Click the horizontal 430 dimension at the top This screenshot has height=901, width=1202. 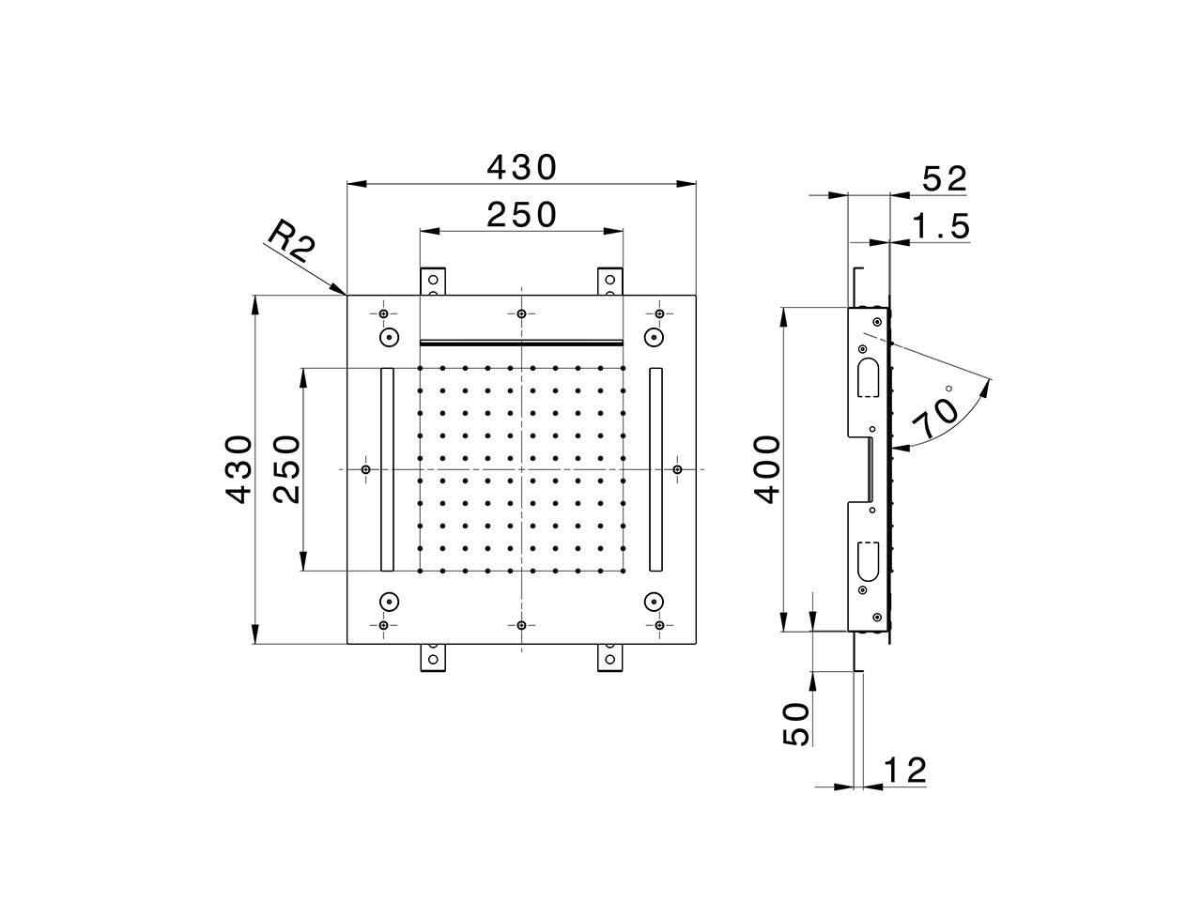[522, 168]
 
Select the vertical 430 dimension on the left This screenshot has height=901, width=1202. [239, 468]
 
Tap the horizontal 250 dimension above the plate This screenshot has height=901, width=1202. [522, 215]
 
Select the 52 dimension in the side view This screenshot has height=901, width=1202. [943, 179]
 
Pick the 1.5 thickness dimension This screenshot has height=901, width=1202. [941, 226]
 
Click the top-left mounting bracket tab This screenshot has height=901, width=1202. [432, 282]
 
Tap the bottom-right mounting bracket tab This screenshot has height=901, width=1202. [610, 657]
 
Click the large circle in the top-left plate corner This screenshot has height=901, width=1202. [388, 337]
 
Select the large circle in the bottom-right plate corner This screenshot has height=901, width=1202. [654, 602]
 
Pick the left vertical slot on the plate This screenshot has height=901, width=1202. [387, 468]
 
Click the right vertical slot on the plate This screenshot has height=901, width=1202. [655, 468]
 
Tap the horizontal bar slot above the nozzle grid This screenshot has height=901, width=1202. [521, 342]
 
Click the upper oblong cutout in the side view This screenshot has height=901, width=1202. [867, 376]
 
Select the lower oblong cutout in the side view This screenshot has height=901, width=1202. [867, 560]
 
